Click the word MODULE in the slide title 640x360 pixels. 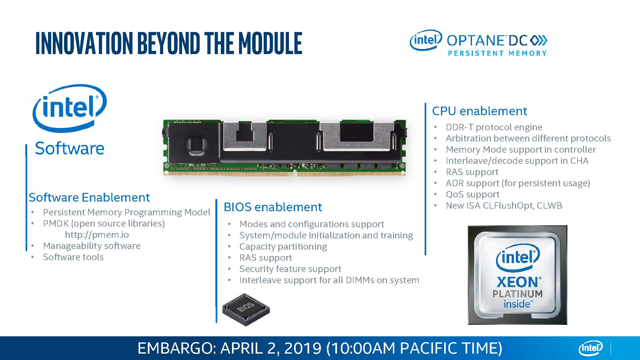(x=270, y=43)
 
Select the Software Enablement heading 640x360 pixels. (x=89, y=197)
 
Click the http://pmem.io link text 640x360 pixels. (x=97, y=235)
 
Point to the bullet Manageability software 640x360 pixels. (x=92, y=246)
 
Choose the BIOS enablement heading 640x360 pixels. (x=273, y=207)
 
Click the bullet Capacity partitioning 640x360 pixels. (x=283, y=247)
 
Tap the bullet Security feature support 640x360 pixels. (x=290, y=269)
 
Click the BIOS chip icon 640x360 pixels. (x=246, y=309)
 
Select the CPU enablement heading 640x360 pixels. (x=479, y=111)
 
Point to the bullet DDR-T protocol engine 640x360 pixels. (x=494, y=127)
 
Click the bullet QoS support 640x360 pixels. (x=472, y=194)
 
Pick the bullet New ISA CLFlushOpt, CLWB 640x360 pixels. (x=504, y=206)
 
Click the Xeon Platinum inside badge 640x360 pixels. (x=517, y=275)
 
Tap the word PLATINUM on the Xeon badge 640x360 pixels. (x=517, y=294)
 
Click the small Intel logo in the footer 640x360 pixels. (x=590, y=348)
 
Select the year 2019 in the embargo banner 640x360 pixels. (x=302, y=348)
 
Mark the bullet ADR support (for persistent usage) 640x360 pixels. (x=518, y=183)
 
